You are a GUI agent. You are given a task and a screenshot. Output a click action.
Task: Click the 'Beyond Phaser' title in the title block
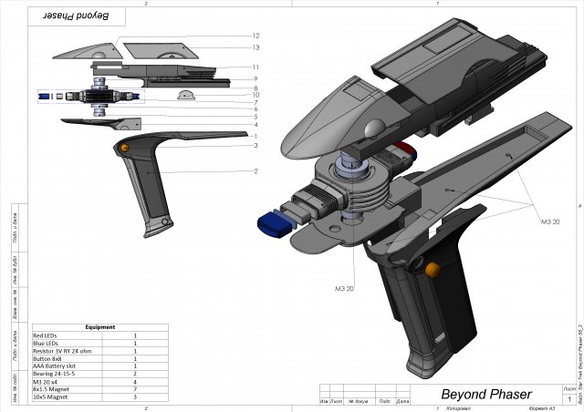pyautogui.click(x=486, y=394)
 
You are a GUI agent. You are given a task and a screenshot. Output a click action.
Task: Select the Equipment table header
pyautogui.click(x=99, y=326)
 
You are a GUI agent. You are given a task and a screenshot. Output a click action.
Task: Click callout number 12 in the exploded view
pyautogui.click(x=256, y=36)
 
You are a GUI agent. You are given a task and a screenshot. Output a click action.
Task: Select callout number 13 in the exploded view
pyautogui.click(x=256, y=46)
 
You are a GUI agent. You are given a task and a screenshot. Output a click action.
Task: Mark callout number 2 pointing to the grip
pyautogui.click(x=256, y=170)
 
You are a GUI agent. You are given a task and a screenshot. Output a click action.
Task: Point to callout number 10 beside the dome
pyautogui.click(x=256, y=95)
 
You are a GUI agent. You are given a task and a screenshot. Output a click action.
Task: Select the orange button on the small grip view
pyautogui.click(x=121, y=147)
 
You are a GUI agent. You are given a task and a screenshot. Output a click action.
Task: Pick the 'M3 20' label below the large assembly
pyautogui.click(x=344, y=288)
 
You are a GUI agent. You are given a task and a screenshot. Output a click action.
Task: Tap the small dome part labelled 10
pyautogui.click(x=185, y=96)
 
